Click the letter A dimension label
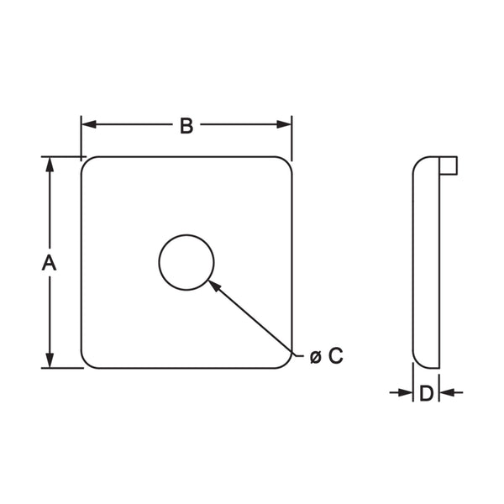coord(50,262)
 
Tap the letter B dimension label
coord(186,125)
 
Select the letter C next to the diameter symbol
coord(335,356)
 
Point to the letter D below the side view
coord(426,393)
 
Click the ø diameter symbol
coord(315,357)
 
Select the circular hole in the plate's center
coord(186,262)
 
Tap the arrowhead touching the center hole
coord(214,285)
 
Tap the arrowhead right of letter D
coord(446,392)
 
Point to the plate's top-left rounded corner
coord(87,163)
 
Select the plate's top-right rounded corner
coord(286,163)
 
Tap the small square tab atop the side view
coord(449,165)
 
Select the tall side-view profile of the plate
coord(426,262)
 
